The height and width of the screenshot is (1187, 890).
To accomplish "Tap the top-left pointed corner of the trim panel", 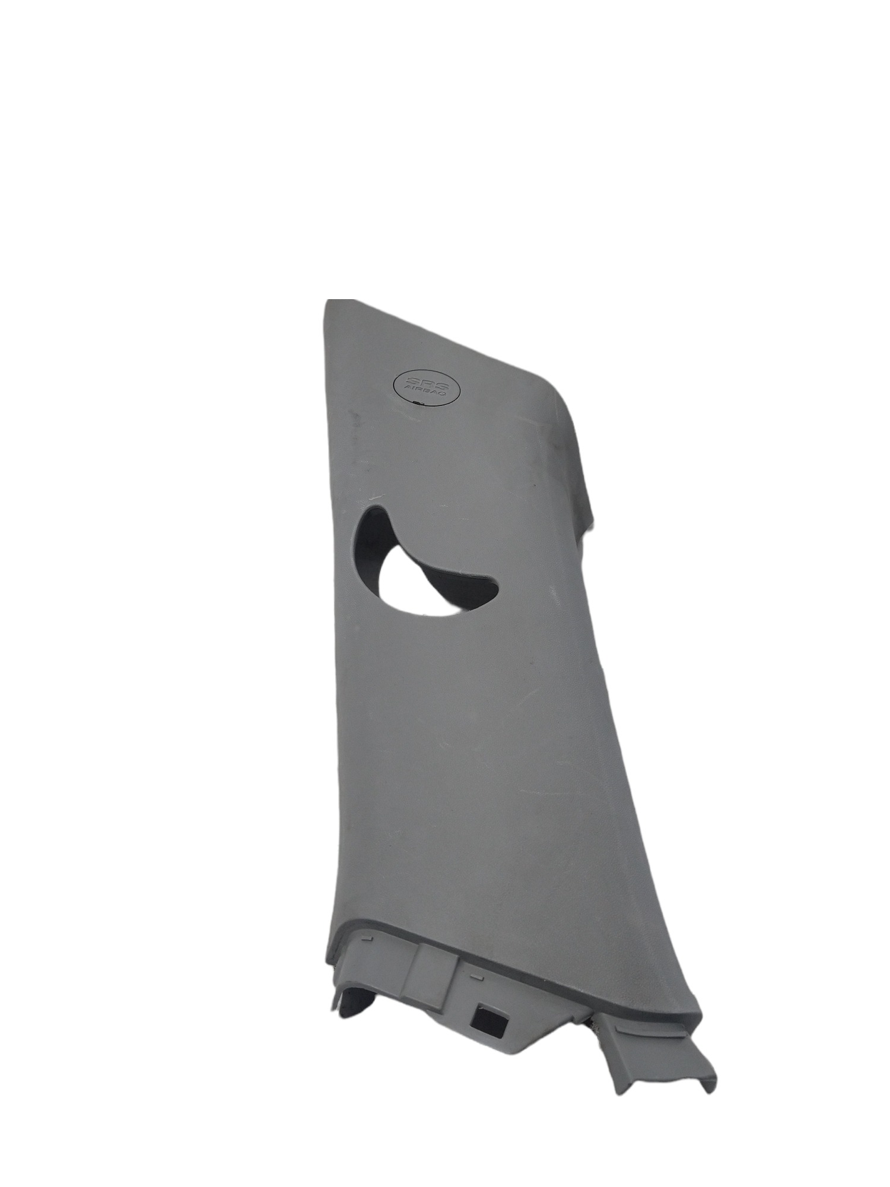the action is tap(326, 301).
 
